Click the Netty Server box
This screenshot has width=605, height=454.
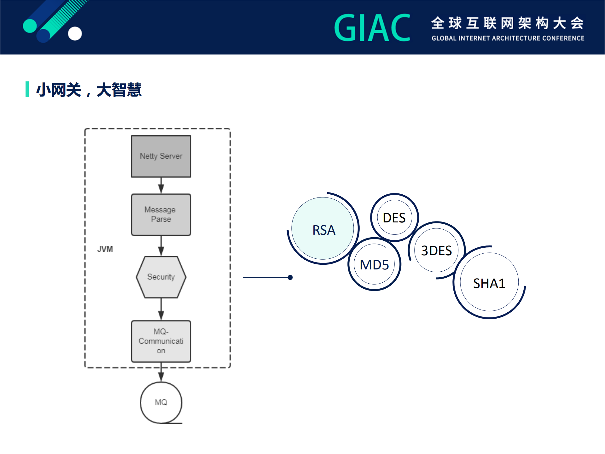[x=161, y=156]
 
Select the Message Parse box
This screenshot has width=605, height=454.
[x=161, y=215]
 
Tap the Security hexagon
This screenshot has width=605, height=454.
[x=161, y=277]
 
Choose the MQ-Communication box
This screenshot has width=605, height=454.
[x=161, y=341]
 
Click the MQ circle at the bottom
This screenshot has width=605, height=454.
[x=161, y=402]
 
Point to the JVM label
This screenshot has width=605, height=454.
[x=105, y=249]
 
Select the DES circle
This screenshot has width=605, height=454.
[x=394, y=218]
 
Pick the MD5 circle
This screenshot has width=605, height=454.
[x=374, y=264]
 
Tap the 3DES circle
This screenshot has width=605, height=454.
[x=436, y=251]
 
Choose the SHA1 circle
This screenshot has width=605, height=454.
[x=489, y=283]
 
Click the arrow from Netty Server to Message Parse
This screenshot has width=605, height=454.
[x=161, y=186]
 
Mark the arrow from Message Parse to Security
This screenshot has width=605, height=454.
[x=161, y=246]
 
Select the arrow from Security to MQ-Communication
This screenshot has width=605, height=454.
[x=161, y=309]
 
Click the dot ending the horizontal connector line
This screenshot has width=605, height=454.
[x=290, y=277]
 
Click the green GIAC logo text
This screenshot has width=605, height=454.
[x=372, y=28]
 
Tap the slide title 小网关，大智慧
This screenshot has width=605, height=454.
[x=89, y=90]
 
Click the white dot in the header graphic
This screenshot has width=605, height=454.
[x=75, y=33]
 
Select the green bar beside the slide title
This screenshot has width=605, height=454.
[x=27, y=89]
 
